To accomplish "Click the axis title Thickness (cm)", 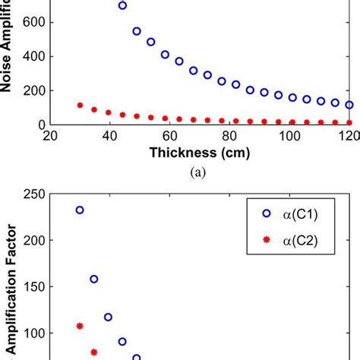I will [200, 153].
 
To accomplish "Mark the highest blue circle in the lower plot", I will [80, 210].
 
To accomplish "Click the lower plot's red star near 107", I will [80, 326].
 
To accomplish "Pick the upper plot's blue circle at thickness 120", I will [349, 105].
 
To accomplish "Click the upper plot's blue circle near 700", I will [122, 5].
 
